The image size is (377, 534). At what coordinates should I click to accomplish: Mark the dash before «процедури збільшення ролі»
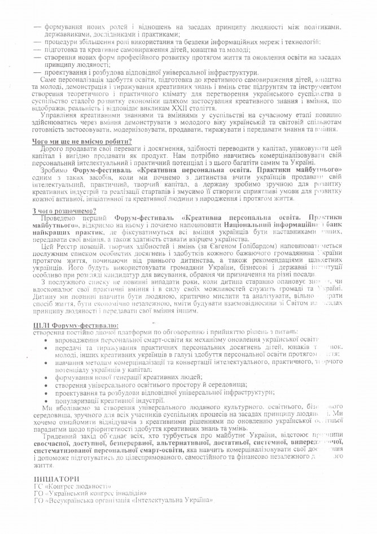(37, 42)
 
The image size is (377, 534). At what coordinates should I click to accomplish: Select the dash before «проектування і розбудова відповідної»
(37, 72)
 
